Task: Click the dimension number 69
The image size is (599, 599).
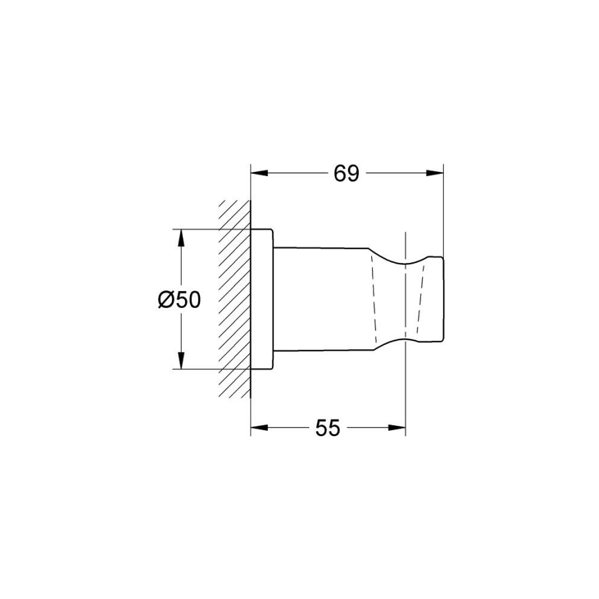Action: (346, 174)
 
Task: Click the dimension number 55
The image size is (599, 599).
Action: (328, 429)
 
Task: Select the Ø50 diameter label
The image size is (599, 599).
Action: (178, 299)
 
